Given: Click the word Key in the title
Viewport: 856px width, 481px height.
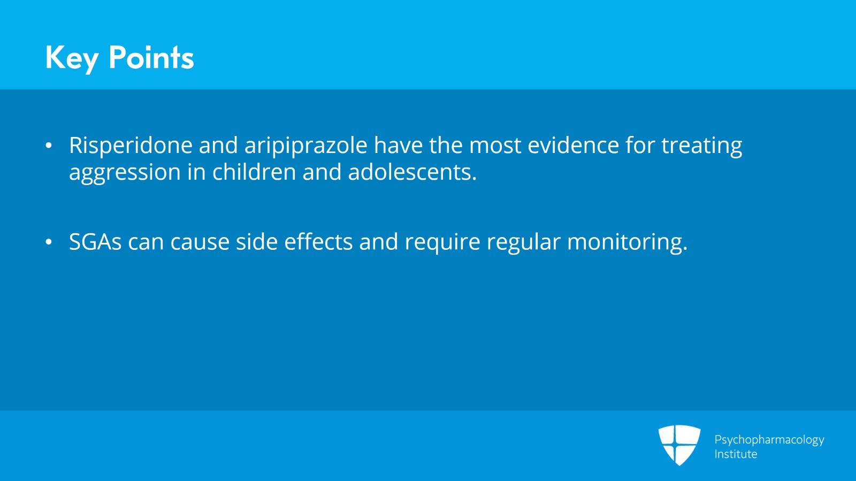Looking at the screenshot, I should tap(72, 58).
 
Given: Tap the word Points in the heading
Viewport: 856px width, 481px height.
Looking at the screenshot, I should tap(151, 58).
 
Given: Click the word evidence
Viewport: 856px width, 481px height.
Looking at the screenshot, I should tap(573, 146).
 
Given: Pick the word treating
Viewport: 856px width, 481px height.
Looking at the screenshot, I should tap(701, 146).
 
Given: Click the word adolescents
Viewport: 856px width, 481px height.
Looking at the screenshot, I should tap(411, 172).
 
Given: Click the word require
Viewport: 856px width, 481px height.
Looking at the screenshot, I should tap(442, 242).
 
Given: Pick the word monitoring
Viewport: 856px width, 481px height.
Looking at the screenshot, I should tap(626, 242).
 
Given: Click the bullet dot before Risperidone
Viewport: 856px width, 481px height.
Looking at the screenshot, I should tap(49, 146).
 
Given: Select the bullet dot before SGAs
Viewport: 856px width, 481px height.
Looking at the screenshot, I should tap(49, 242).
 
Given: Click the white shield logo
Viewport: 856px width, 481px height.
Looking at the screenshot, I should tap(679, 445).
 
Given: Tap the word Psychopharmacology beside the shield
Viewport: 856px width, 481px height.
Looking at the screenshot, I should tap(769, 440).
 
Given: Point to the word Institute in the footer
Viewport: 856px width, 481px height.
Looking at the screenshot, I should tap(736, 454).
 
